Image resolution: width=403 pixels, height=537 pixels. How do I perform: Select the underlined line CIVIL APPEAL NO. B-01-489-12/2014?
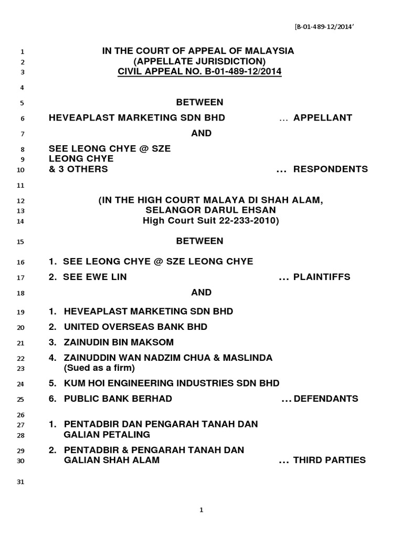199,71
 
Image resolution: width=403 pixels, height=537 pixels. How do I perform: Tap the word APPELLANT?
322,117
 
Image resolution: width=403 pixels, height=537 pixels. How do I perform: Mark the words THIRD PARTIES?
329,460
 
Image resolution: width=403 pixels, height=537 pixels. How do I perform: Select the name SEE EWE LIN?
94,276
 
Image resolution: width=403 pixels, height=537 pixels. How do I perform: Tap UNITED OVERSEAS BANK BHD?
135,327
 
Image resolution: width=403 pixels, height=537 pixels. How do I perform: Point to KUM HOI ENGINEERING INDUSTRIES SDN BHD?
172,383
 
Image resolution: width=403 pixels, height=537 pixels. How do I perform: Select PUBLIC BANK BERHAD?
118,399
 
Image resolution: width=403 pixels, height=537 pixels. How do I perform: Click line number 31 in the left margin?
22,482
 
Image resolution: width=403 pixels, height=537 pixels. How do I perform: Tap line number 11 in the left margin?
22,186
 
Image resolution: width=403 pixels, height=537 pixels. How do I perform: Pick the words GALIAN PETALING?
107,434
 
